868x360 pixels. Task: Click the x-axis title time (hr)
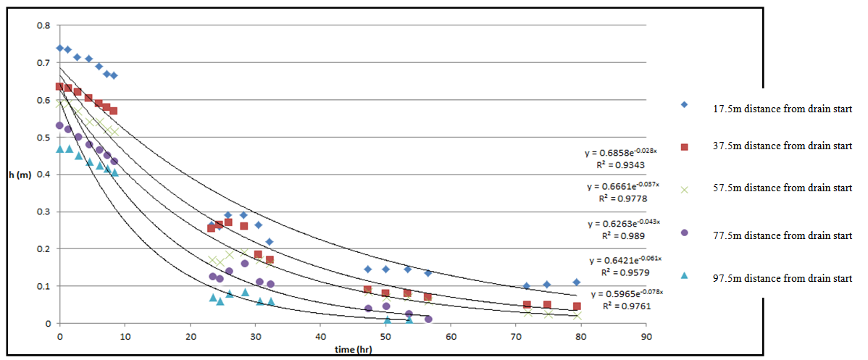point(346,349)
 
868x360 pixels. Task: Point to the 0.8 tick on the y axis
point(45,26)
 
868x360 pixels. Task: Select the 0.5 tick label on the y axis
point(45,138)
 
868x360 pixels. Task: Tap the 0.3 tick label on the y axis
point(45,212)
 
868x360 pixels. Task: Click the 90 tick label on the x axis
point(646,336)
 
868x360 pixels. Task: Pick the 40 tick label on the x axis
point(320,336)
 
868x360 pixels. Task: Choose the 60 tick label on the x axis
point(450,336)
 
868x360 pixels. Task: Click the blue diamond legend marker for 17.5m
point(685,105)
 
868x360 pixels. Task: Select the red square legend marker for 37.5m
point(685,146)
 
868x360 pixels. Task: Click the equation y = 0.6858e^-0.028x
point(620,152)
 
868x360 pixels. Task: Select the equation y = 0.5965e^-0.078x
point(627,293)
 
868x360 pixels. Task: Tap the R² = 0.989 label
point(623,235)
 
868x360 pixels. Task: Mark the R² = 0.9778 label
point(622,198)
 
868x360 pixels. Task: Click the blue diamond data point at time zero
point(59,49)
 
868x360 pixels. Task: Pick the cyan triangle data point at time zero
point(59,148)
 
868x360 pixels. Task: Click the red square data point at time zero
point(59,87)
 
